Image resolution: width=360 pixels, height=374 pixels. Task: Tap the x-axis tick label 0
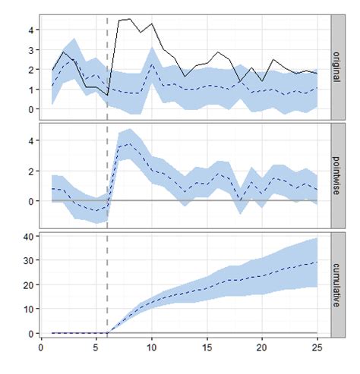[41, 349]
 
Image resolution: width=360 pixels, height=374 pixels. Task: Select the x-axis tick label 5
[96, 349]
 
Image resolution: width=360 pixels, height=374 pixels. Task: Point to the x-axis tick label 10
[152, 349]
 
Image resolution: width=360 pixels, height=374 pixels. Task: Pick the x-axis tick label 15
[207, 349]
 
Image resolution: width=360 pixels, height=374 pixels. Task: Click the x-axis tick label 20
[262, 349]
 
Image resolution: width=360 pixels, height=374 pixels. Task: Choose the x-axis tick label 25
[317, 349]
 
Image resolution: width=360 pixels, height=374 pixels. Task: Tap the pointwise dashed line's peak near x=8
[129, 143]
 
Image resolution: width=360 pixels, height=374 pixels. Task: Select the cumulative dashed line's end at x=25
[317, 262]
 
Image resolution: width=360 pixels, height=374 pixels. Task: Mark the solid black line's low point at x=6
[108, 95]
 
